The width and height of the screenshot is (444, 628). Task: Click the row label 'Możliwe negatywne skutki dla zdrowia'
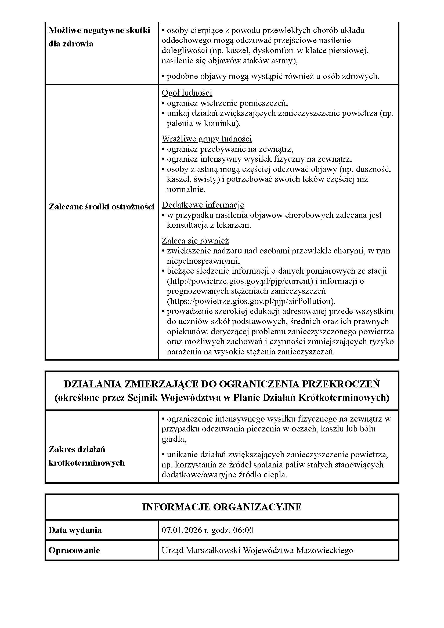point(99,37)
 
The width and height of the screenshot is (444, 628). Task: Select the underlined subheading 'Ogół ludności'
point(187,93)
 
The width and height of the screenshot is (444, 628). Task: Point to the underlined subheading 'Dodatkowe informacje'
point(203,205)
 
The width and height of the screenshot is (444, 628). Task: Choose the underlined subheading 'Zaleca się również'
point(195,241)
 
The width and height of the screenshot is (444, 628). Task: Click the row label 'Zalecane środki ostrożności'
point(102,206)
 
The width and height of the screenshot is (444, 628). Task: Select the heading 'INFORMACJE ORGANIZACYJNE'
point(222,507)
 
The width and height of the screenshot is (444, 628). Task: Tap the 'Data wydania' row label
point(75,530)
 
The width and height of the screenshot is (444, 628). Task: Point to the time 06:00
point(243,530)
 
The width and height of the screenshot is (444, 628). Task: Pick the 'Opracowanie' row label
point(74,550)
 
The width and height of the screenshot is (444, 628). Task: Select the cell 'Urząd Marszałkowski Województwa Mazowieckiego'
point(257,550)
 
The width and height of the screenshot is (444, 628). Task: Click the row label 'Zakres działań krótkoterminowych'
point(86,456)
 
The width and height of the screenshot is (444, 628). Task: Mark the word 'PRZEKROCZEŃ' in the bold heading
point(341,384)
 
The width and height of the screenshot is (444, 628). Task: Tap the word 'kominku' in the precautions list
point(221,123)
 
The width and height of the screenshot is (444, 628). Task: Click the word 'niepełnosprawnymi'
point(203,261)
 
